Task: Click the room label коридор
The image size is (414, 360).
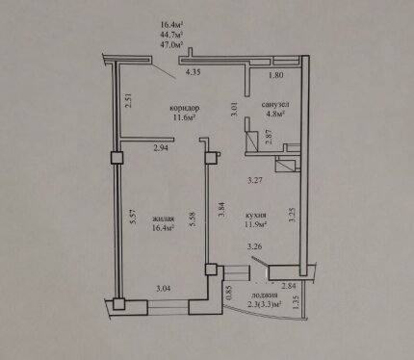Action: click(185, 108)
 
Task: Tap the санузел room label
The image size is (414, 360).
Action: click(275, 104)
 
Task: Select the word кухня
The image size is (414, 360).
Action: click(256, 215)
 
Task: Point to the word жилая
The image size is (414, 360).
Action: click(163, 219)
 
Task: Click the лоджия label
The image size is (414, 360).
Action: click(265, 296)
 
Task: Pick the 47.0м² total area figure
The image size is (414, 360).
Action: click(171, 44)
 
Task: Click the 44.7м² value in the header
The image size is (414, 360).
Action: click(171, 35)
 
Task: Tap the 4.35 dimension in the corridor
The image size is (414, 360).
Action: click(194, 72)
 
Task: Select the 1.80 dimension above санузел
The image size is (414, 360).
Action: click(275, 75)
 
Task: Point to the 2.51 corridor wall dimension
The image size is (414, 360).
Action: click(128, 100)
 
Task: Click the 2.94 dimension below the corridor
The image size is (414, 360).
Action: click(161, 148)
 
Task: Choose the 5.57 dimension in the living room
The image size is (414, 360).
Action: click(134, 217)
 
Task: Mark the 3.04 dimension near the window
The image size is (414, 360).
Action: click(164, 289)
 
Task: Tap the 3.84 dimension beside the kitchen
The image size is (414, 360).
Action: click(221, 210)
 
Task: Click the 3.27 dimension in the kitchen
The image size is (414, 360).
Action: click(255, 180)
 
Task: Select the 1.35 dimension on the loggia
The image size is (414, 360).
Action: click(296, 302)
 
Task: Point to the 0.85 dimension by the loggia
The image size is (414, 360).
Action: click(228, 293)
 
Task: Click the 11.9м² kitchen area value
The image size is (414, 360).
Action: click(256, 223)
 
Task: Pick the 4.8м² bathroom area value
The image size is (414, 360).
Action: click(276, 113)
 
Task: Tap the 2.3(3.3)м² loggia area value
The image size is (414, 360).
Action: click(265, 303)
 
